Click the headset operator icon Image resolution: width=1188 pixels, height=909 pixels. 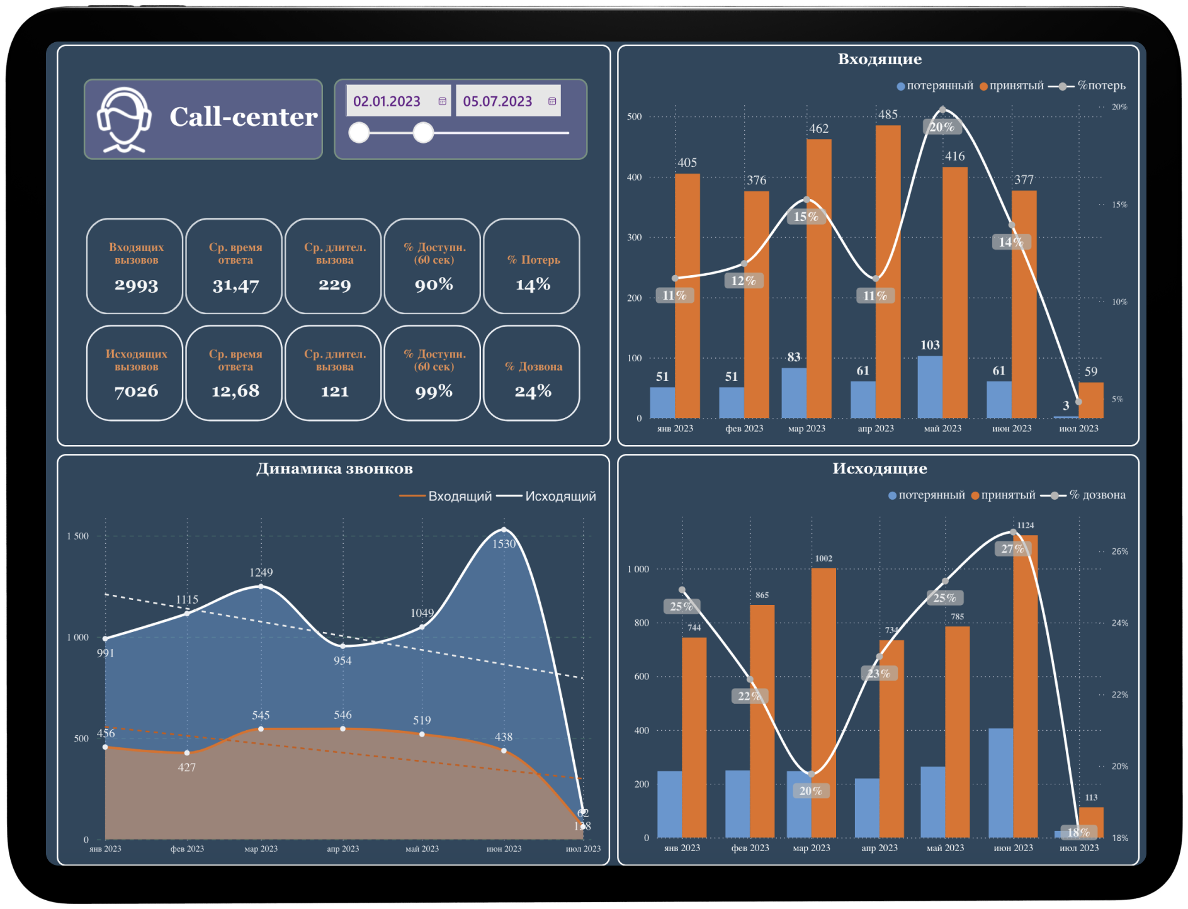tap(124, 120)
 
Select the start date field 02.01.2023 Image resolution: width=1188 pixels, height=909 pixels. tap(387, 101)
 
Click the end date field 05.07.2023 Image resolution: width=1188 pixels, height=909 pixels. tap(497, 101)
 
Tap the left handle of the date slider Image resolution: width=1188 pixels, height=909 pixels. tap(359, 133)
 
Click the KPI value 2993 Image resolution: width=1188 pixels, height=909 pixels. tap(136, 285)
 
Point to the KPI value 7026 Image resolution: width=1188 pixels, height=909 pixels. tap(136, 392)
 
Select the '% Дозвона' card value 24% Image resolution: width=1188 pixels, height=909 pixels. tap(533, 392)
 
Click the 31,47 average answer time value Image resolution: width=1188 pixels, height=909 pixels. tap(235, 286)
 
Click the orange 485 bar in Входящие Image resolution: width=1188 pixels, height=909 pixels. tap(888, 271)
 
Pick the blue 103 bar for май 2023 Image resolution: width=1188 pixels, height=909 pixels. tap(930, 387)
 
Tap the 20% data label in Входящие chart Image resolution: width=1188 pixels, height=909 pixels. tap(942, 127)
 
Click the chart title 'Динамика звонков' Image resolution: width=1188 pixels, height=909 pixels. tap(334, 469)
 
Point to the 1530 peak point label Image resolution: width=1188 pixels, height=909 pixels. tap(504, 544)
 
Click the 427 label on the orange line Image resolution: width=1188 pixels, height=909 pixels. tap(187, 767)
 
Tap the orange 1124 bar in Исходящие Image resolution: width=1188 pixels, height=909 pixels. tap(1025, 686)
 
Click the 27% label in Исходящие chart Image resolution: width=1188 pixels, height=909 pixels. tap(1012, 549)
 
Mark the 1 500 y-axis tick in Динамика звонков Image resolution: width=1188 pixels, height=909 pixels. tap(78, 536)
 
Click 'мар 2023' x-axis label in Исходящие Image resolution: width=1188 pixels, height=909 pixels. tap(812, 848)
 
